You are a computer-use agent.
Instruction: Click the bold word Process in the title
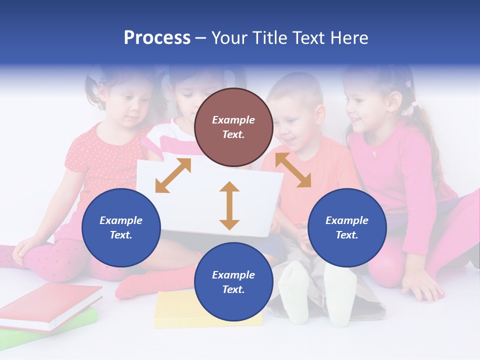(157, 38)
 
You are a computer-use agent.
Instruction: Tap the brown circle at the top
(233, 127)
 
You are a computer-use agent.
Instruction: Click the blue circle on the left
(121, 227)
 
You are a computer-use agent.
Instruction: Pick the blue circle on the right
(347, 227)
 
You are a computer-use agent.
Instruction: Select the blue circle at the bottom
(233, 282)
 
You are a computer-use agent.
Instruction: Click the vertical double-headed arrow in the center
(229, 205)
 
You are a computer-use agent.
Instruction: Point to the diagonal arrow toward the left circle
(173, 175)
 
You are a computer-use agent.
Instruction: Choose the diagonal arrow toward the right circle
(293, 170)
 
